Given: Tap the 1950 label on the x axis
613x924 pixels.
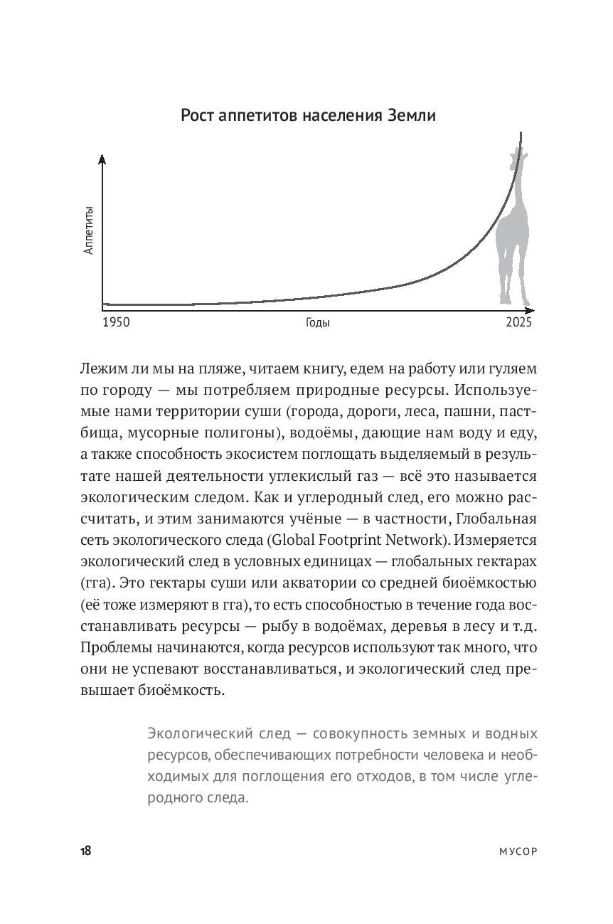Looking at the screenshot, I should click(x=116, y=322).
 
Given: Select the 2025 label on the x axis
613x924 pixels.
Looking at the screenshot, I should click(x=518, y=322).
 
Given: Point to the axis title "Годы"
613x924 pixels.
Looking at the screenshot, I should click(x=318, y=322).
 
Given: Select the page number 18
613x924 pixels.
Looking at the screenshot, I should click(x=84, y=851).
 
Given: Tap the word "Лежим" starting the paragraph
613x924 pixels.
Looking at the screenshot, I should click(x=103, y=369).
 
